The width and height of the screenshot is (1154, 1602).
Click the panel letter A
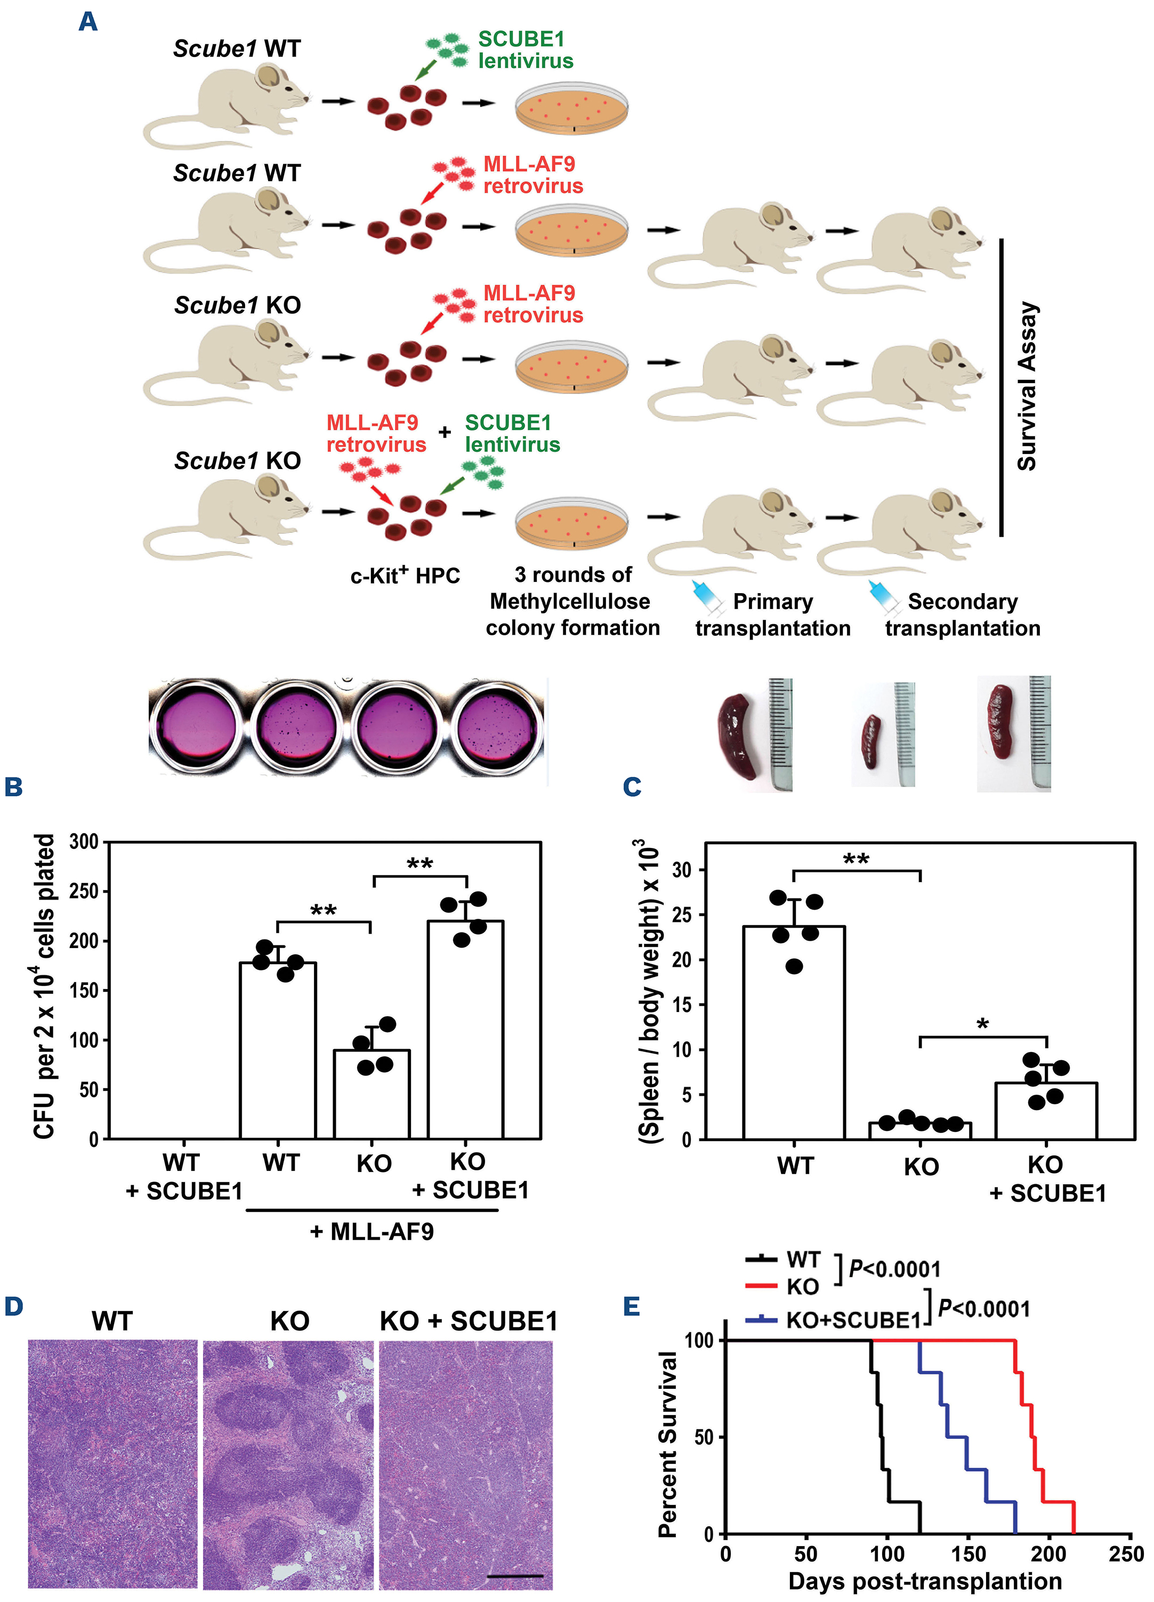[x=87, y=22]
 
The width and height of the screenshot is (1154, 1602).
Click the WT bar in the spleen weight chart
[x=794, y=1032]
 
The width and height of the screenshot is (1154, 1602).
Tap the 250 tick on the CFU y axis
[x=83, y=892]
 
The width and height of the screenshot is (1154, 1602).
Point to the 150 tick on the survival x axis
[x=968, y=1554]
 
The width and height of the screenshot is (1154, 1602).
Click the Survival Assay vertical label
[x=1026, y=386]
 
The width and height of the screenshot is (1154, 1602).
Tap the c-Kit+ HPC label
[x=405, y=576]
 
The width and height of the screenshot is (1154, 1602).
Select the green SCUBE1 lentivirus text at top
[x=525, y=50]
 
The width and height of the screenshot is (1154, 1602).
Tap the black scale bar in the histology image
[x=514, y=1575]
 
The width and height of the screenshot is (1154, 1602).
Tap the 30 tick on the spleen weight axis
[x=682, y=870]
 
